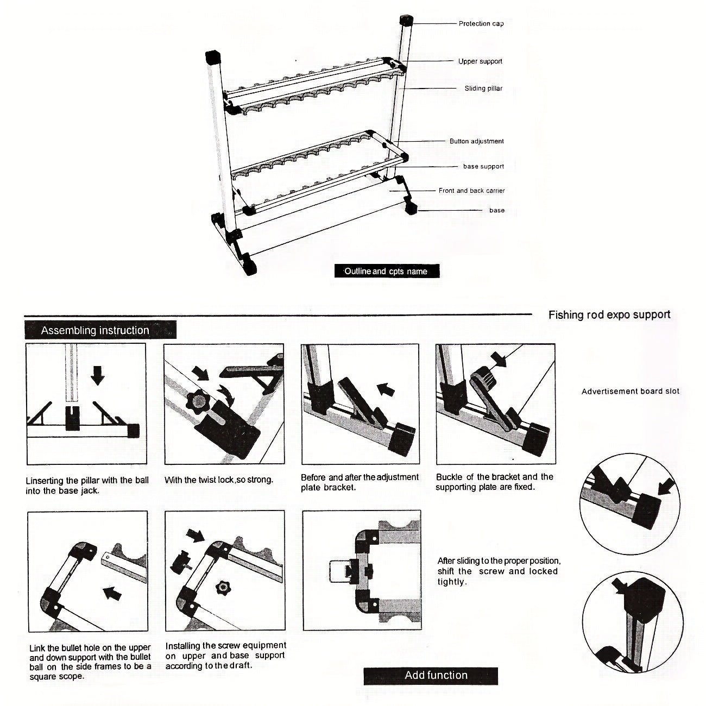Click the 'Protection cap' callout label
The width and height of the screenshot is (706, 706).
click(x=481, y=24)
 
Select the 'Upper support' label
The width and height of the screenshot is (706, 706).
click(x=480, y=61)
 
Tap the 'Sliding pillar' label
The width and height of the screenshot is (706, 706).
click(x=483, y=89)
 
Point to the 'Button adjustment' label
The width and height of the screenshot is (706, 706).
click(x=476, y=141)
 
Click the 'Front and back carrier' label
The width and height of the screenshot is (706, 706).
click(x=471, y=191)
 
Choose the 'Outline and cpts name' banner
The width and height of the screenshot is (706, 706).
click(x=386, y=271)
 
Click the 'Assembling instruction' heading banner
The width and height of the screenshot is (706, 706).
click(x=95, y=330)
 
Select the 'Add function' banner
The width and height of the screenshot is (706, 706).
click(x=436, y=675)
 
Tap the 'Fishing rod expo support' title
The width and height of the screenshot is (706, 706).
click(x=609, y=314)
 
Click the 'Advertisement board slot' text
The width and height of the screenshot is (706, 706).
click(x=630, y=391)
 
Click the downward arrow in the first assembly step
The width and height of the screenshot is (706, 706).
click(x=97, y=375)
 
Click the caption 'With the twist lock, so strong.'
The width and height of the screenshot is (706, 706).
click(x=218, y=480)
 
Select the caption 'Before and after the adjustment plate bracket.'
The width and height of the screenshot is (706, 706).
click(x=360, y=482)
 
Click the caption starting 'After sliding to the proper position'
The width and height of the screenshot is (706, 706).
click(x=499, y=571)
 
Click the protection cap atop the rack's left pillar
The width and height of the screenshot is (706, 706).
click(x=213, y=57)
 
